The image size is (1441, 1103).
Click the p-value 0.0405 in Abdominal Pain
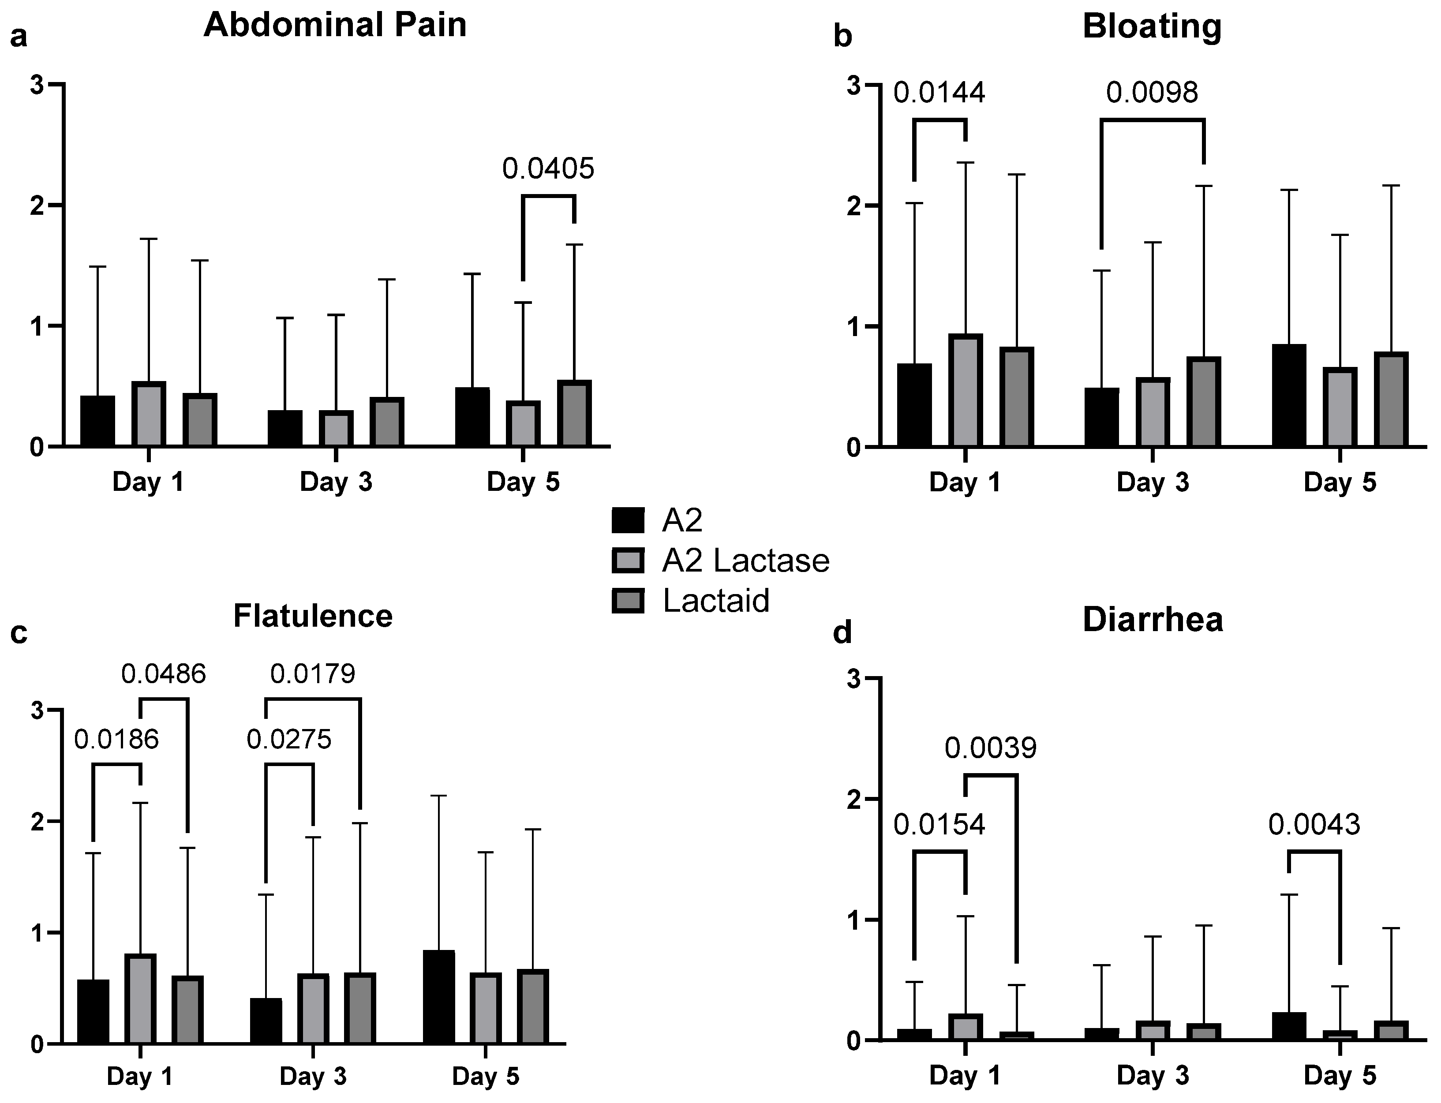[548, 169]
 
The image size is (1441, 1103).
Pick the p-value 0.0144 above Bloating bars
[939, 93]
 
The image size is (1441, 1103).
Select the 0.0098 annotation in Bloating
[1152, 93]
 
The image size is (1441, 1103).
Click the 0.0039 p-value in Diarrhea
[991, 748]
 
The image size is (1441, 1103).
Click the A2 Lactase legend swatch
[628, 560]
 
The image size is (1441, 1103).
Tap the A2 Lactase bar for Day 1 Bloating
[965, 391]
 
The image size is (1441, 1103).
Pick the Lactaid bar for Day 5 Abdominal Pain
[574, 414]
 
